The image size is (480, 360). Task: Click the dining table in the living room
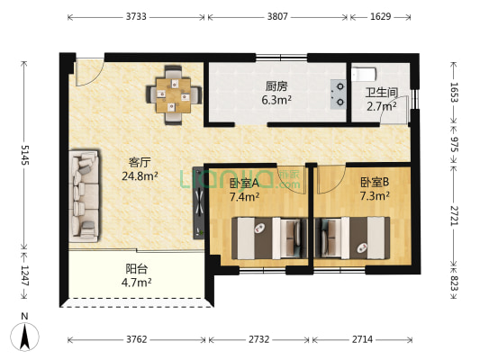coord(174,95)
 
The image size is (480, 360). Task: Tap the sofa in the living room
coord(84,196)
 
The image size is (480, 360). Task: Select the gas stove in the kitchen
coord(339,94)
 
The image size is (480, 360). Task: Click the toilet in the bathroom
coord(363,75)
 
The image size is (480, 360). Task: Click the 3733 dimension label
coord(136,16)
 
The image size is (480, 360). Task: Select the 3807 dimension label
coord(277,16)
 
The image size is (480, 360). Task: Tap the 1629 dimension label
coord(381,16)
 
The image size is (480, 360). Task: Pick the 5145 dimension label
coord(25,155)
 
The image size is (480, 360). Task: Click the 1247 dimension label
coord(25,275)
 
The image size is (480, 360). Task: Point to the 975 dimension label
coord(454,144)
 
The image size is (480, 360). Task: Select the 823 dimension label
coord(454,283)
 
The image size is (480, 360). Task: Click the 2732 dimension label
coord(259,339)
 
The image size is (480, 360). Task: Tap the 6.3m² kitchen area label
coord(276,100)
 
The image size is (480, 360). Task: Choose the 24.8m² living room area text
coord(140,175)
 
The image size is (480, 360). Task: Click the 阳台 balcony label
coord(137,268)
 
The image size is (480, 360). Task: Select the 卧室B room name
coord(375,183)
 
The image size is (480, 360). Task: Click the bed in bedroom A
coord(269,238)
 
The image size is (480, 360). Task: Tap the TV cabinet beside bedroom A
coord(198,202)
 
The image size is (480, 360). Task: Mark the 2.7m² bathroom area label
coord(382,106)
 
